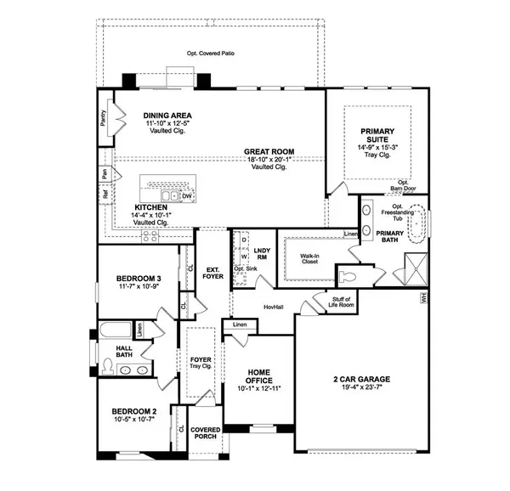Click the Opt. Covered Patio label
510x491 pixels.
pos(211,54)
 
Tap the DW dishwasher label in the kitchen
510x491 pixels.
pos(187,196)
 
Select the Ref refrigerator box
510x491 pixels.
pos(105,195)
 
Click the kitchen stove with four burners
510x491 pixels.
pos(150,236)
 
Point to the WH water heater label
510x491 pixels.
pos(423,298)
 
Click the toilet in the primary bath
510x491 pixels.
pos(348,277)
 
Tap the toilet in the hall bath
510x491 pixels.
pos(107,366)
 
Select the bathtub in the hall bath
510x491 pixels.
pos(116,330)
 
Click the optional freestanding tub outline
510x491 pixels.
pos(416,223)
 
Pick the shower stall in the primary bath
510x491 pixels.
pos(416,269)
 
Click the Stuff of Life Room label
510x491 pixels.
pos(341,302)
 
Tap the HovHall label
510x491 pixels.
pos(273,307)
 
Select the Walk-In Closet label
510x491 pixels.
pos(309,258)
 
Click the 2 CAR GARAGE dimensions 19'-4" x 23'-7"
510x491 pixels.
pos(361,387)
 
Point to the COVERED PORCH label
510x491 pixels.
pos(205,433)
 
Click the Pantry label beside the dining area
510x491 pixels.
pos(104,118)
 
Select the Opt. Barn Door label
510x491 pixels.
pos(403,185)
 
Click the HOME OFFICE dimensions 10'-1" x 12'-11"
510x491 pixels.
pos(259,388)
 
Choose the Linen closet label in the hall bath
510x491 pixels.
pos(139,330)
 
